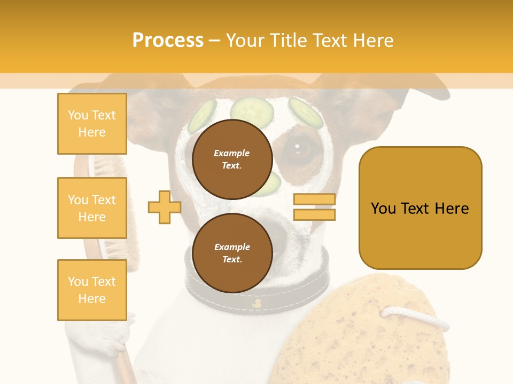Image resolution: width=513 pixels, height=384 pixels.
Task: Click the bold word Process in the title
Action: coord(168,41)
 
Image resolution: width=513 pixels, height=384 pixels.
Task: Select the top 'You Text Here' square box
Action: coord(92,124)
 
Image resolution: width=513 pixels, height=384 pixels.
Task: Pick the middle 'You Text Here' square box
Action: coord(92,208)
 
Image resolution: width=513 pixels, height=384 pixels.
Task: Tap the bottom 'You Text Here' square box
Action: coord(92,290)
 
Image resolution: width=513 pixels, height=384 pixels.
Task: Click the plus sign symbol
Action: coord(164,207)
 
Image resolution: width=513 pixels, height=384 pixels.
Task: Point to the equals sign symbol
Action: coord(314,207)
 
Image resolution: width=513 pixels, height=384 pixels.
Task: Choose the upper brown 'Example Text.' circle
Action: coord(232,159)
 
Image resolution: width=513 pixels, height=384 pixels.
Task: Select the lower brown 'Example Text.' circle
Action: coord(232,253)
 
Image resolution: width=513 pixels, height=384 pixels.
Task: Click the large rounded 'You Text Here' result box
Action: coord(420,208)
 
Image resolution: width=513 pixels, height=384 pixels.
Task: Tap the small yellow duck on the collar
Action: coord(256,303)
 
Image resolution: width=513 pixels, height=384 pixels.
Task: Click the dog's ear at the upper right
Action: coord(422,88)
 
